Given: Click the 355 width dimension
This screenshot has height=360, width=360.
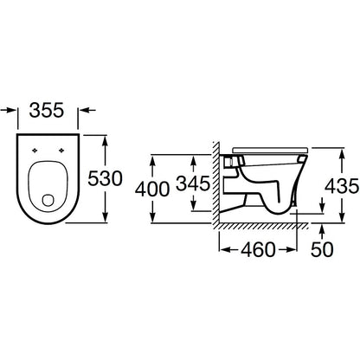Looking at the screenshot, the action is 47,111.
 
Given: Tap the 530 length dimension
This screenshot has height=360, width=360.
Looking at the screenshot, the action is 105,178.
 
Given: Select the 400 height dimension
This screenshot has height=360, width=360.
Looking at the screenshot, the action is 152,190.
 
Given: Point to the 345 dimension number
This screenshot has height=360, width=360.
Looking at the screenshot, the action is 193,183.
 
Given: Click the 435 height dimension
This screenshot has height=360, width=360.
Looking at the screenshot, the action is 342,186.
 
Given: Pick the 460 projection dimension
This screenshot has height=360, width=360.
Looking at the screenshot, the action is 258,249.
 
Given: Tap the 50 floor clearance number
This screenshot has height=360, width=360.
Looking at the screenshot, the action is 322,249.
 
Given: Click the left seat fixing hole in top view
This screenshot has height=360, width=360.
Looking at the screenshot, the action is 35,150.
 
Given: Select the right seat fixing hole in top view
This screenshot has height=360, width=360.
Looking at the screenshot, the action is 61,150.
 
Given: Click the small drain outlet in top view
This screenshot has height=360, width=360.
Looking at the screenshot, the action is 48,201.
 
